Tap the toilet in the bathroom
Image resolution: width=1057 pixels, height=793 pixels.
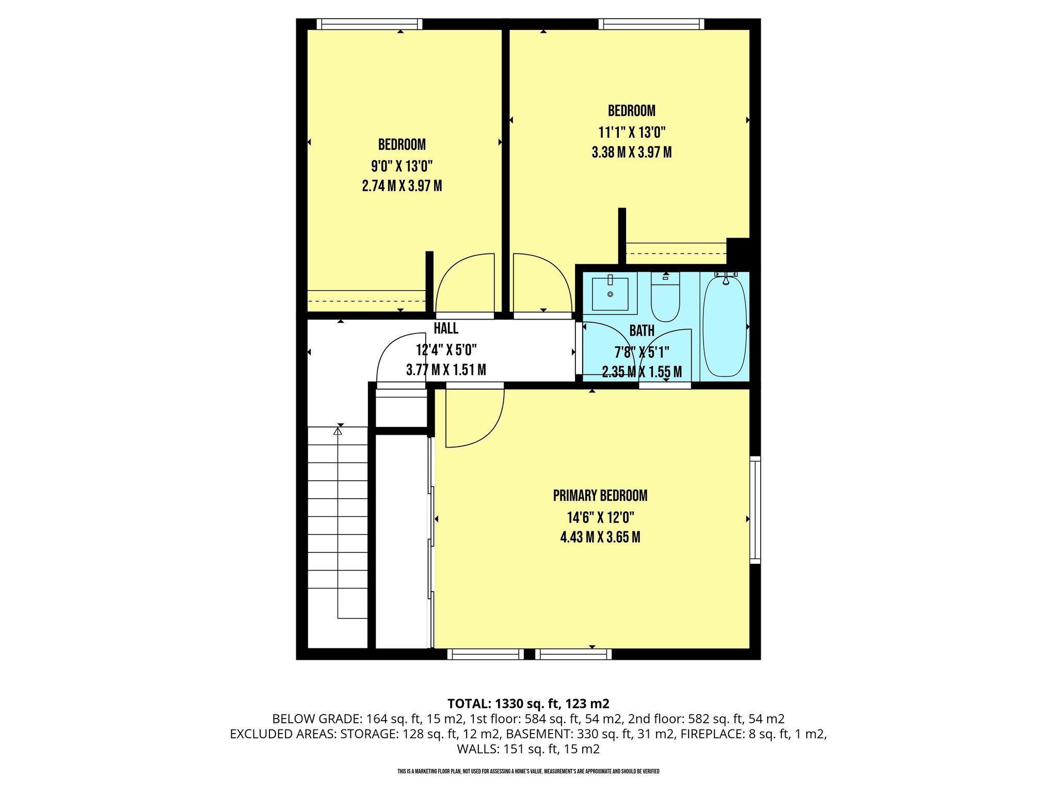coord(665,299)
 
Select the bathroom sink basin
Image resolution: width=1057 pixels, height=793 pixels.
coord(610,294)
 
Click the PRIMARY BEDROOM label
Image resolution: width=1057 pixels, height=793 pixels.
coord(600,496)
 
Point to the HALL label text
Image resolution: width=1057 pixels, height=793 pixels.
coord(446,328)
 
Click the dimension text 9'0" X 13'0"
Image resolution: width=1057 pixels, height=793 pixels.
coord(402,166)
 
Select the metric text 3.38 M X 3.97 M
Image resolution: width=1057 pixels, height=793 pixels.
coord(631,152)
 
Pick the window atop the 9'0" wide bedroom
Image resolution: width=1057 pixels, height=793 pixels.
coord(369,24)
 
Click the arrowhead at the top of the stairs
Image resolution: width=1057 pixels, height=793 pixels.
coord(338,430)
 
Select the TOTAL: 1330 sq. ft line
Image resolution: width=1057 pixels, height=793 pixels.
coord(528,704)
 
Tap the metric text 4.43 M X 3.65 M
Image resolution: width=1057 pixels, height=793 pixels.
coord(600,537)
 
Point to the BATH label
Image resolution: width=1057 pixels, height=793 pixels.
coord(642,331)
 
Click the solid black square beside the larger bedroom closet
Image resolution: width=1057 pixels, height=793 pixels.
coord(738,251)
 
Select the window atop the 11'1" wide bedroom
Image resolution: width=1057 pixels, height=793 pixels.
coord(651,24)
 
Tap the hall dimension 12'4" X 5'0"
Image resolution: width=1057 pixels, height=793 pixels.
coord(446,350)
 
